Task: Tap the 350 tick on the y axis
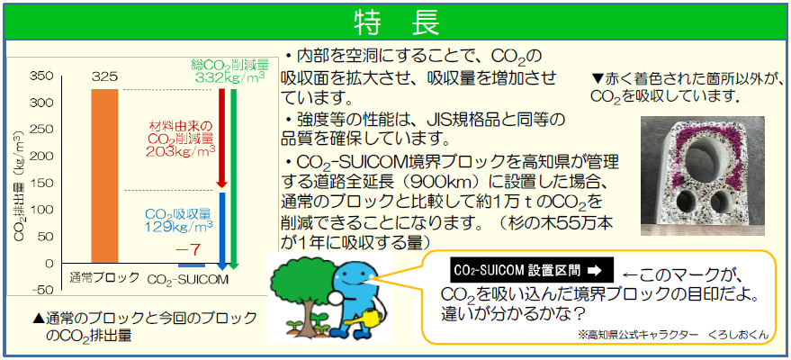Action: click(x=41, y=76)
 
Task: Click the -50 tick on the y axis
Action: click(x=41, y=290)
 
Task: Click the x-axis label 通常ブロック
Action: click(x=103, y=277)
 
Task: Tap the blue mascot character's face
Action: click(x=354, y=274)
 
